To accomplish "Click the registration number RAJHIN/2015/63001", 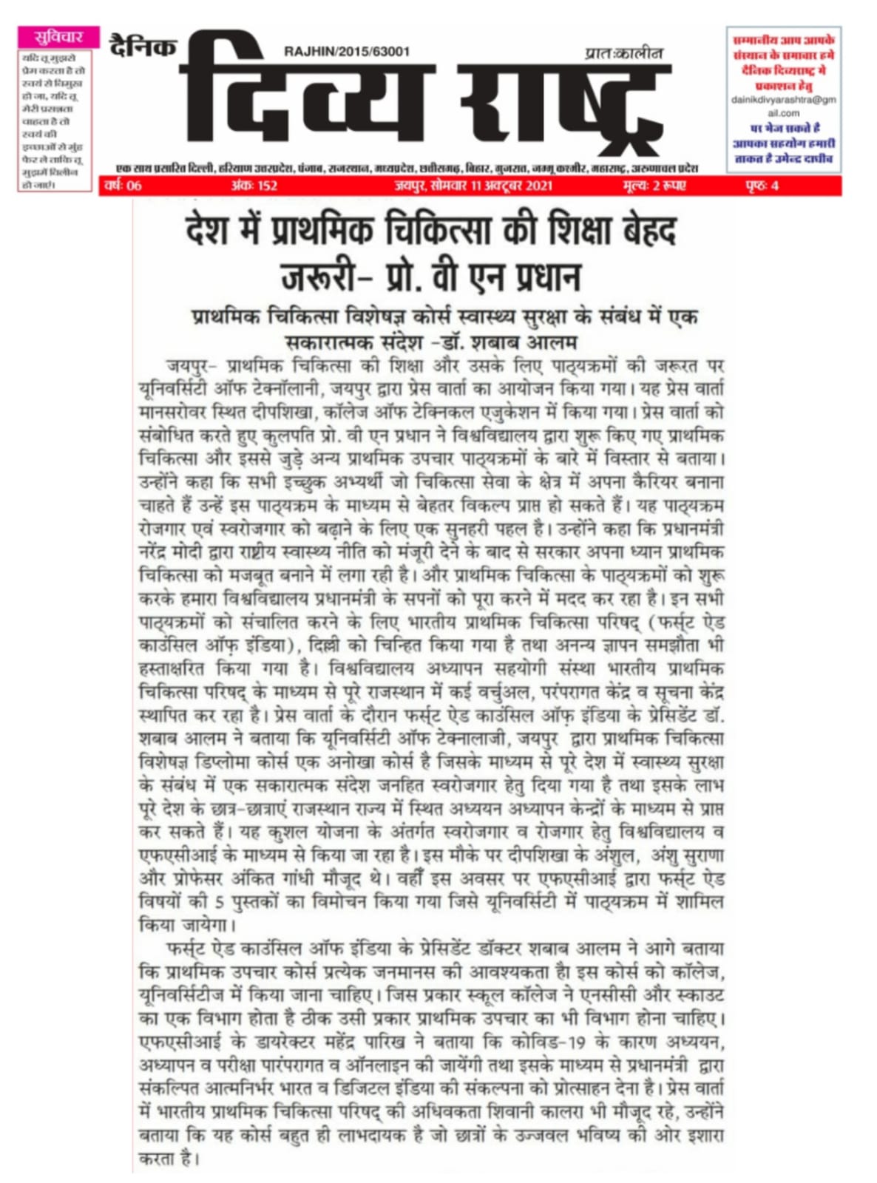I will (346, 51).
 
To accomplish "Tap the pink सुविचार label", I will (58, 37).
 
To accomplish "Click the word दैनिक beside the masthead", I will (143, 47).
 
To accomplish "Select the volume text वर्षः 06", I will (123, 186).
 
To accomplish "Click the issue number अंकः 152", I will (254, 186).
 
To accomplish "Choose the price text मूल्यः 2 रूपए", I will (654, 186).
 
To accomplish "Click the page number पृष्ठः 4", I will (762, 186).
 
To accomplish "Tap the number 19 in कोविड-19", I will (577, 1043).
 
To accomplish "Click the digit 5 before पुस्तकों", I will (220, 901).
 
